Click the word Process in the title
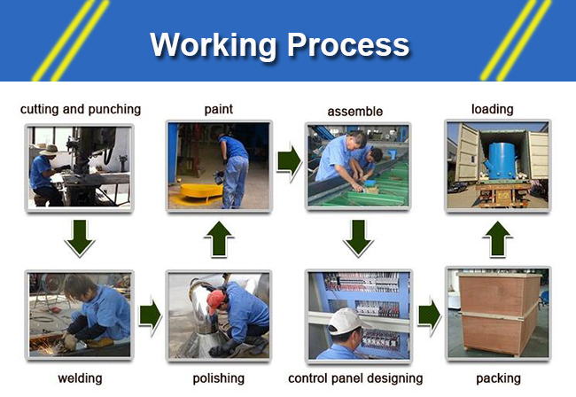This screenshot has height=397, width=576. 348,45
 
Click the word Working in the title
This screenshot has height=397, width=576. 213,46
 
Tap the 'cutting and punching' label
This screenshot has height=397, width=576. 81,110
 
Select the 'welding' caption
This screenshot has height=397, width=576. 80,378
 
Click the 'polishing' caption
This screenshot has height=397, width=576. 219,378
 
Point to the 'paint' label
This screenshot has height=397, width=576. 219,110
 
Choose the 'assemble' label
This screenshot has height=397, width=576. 354,112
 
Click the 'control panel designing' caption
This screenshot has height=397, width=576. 355,378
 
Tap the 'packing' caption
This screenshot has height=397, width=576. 499,378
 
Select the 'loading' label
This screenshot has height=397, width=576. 492,110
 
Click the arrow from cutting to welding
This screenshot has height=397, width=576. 80,238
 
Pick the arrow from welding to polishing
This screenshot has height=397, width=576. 151,316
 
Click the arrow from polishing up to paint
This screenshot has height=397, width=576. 219,239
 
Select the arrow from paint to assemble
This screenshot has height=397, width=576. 289,161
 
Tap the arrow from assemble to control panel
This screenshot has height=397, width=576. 358,238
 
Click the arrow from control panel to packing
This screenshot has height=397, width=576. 430,316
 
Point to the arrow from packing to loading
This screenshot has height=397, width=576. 497,239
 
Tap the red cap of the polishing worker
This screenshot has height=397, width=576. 216,300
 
